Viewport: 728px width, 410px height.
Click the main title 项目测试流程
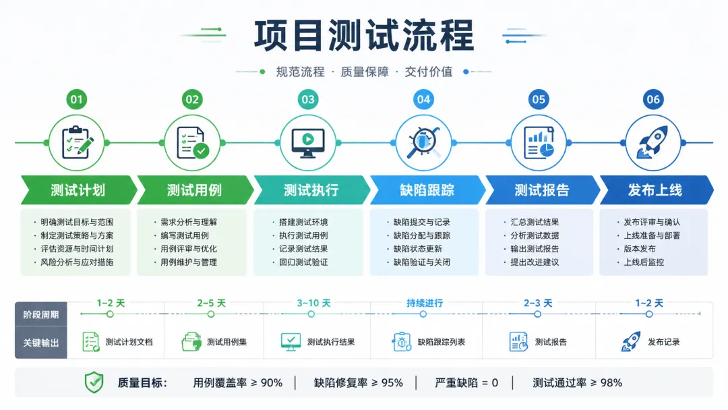coord(363,36)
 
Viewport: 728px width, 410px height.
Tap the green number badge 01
coord(77,99)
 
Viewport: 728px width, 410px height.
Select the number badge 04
coord(423,99)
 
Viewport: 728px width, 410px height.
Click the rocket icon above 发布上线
coord(653,142)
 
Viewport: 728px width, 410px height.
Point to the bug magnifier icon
coord(423,142)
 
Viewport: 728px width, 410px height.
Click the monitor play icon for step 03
coord(308,142)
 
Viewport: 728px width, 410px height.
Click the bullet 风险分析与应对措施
coord(77,262)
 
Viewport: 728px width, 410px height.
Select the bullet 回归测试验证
coord(303,262)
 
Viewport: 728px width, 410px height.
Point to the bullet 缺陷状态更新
coord(418,249)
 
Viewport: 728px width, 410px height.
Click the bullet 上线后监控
coord(644,262)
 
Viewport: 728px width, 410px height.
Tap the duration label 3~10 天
coord(314,303)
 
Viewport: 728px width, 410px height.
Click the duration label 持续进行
coord(425,303)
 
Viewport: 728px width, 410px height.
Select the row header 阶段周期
coord(41,314)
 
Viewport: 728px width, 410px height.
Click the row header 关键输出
coord(41,343)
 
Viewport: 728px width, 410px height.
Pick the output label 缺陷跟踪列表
coord(441,342)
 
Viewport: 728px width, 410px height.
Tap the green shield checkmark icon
coord(94,382)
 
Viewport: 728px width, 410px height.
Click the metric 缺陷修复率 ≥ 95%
coord(359,382)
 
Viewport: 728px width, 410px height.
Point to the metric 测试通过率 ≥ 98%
coord(577,382)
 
